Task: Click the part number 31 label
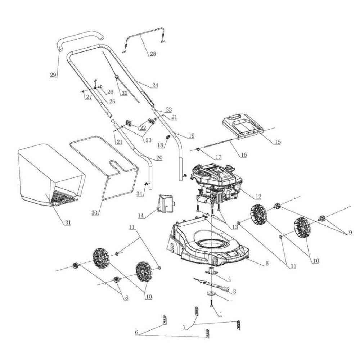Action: pyautogui.click(x=67, y=222)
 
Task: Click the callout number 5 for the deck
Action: pyautogui.click(x=267, y=264)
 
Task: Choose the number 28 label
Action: pyautogui.click(x=153, y=54)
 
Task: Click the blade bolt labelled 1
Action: pyautogui.click(x=211, y=304)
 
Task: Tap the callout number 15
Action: pyautogui.click(x=278, y=142)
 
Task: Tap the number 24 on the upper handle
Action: pyautogui.click(x=155, y=85)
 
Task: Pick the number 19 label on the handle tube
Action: pyautogui.click(x=191, y=136)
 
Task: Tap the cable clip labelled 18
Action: pyautogui.click(x=167, y=138)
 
